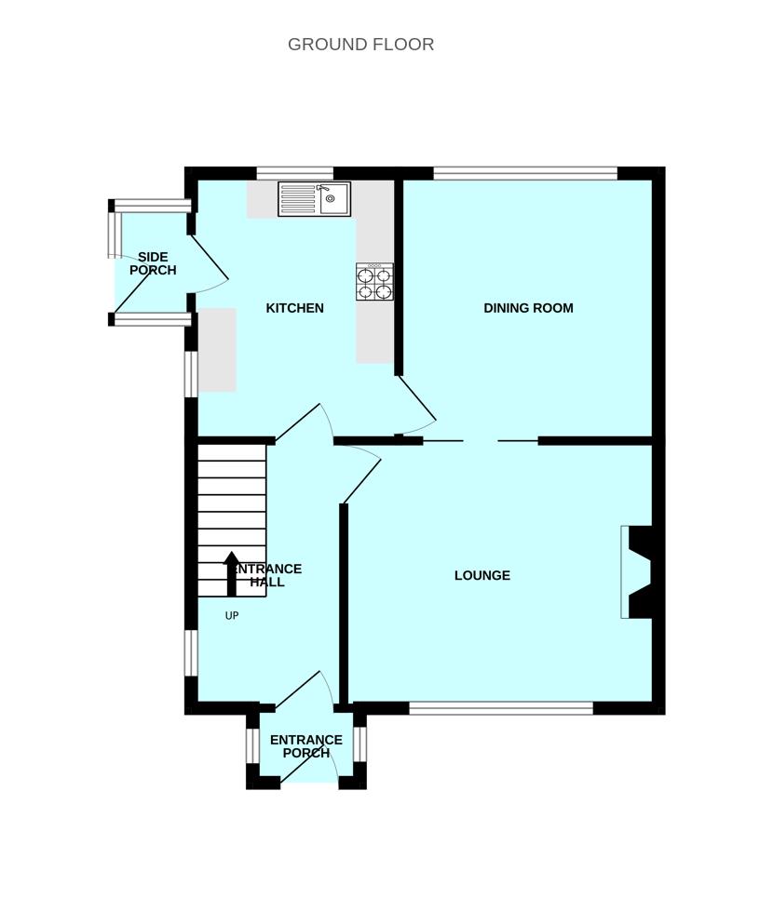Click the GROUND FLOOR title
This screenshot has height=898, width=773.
360,44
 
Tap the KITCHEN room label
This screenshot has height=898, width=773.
294,308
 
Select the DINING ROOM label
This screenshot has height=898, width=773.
528,308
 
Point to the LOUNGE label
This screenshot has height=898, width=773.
481,576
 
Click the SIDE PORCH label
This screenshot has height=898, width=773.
153,263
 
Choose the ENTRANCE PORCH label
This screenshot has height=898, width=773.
306,746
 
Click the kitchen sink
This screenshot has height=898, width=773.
314,199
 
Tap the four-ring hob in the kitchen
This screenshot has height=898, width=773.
374,282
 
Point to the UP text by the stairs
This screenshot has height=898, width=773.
232,616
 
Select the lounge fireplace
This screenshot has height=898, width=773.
637,572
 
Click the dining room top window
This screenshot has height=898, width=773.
525,173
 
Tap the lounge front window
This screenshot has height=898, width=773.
501,708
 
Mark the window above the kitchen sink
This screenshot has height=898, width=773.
294,173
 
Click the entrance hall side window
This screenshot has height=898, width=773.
191,653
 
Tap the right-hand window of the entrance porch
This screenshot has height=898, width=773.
359,744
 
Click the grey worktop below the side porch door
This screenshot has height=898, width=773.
217,350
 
